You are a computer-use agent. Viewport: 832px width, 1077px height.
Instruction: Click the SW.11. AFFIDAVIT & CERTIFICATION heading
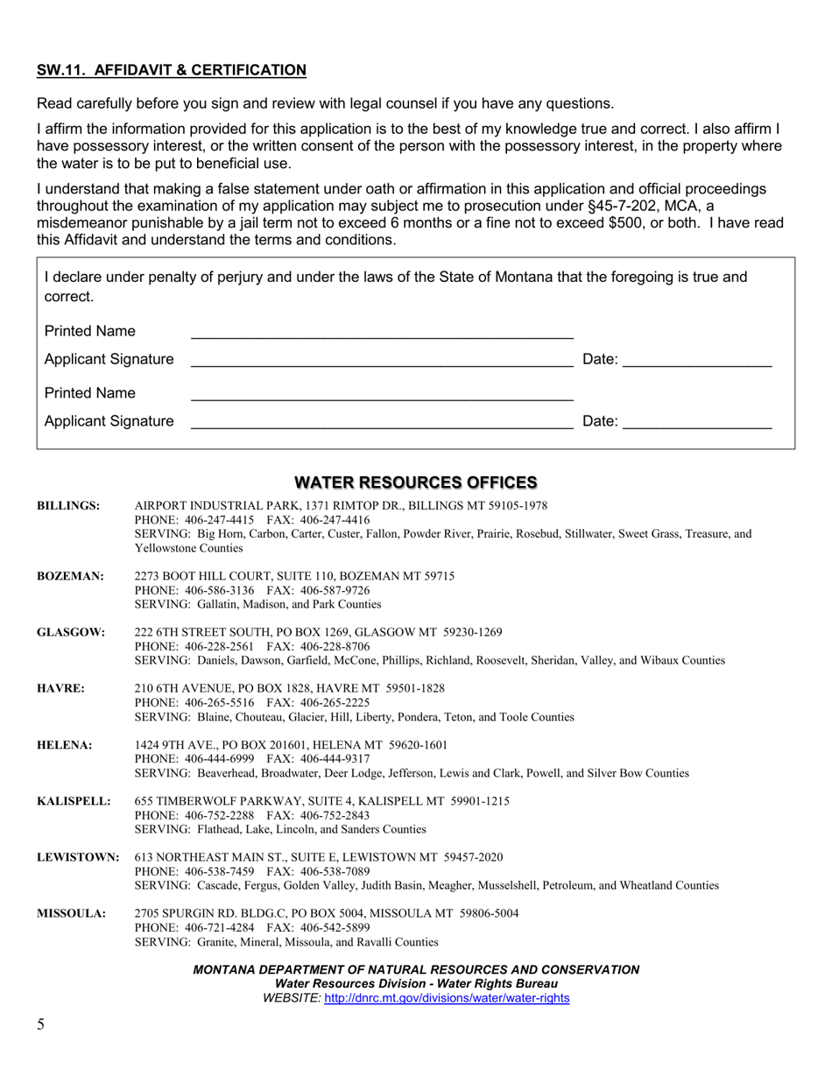pos(172,70)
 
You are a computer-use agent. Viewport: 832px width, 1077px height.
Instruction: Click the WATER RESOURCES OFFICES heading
pos(415,482)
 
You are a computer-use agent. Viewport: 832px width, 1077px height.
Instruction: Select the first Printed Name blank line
pos(382,332)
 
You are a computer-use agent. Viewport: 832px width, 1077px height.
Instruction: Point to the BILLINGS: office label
pos(68,506)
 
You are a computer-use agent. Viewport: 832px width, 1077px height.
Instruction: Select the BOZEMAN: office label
pos(70,576)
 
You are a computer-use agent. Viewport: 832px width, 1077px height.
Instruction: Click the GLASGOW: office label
pos(71,632)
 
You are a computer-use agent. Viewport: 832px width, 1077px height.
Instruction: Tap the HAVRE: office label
pos(60,688)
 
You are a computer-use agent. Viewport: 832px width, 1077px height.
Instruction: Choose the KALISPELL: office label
pos(74,801)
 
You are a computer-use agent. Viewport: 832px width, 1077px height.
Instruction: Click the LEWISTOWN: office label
pos(78,857)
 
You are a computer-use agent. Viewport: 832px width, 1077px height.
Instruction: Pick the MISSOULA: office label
pos(71,914)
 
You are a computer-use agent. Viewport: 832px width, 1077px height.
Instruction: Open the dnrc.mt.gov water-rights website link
pos(447,998)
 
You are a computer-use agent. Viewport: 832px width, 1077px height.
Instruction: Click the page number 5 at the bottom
pos(40,1024)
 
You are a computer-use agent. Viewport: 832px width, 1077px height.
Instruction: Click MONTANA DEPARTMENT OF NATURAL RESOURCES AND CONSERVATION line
pos(415,969)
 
